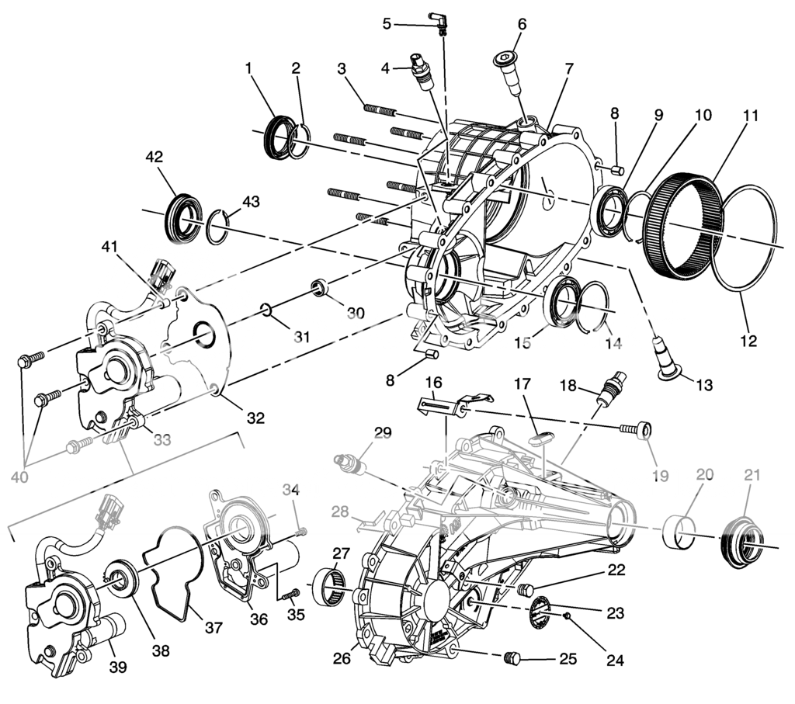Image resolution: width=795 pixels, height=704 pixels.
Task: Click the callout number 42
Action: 154,157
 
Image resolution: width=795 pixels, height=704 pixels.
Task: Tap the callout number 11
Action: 750,116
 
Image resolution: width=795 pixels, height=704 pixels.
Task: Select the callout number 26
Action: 342,659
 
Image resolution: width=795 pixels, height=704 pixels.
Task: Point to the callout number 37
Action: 214,627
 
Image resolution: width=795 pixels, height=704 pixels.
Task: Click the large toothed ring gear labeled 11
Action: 682,227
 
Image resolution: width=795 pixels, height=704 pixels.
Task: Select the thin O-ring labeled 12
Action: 743,239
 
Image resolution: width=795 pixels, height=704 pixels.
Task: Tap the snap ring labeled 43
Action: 218,226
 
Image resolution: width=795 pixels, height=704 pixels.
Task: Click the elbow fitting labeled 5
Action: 438,23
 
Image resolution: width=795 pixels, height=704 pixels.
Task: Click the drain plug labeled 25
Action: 513,658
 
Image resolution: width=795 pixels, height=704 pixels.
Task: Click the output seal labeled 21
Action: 741,542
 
